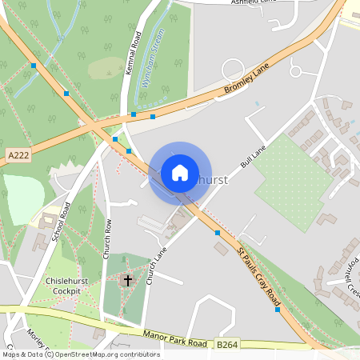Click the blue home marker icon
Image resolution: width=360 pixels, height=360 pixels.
pyautogui.click(x=180, y=172)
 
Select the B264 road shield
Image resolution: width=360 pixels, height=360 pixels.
pyautogui.click(x=226, y=344)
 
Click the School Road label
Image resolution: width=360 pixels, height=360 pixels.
pyautogui.click(x=61, y=222)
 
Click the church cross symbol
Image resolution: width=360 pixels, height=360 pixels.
pyautogui.click(x=127, y=280)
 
